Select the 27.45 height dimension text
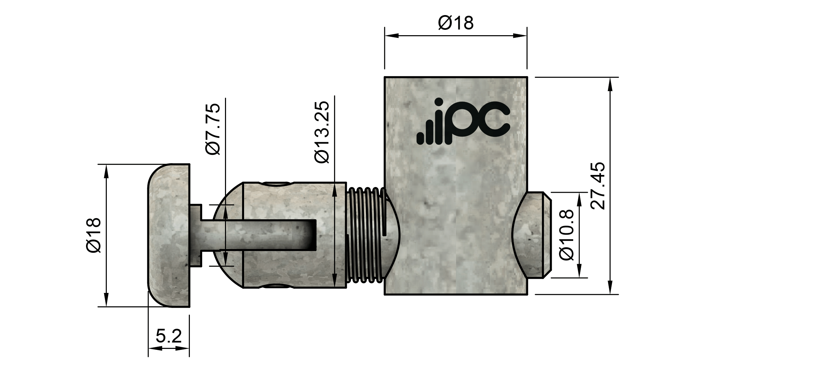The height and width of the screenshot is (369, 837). [x=598, y=186]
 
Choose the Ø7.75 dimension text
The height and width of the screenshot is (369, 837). [x=213, y=129]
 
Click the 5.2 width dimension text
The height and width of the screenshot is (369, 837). [x=168, y=336]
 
